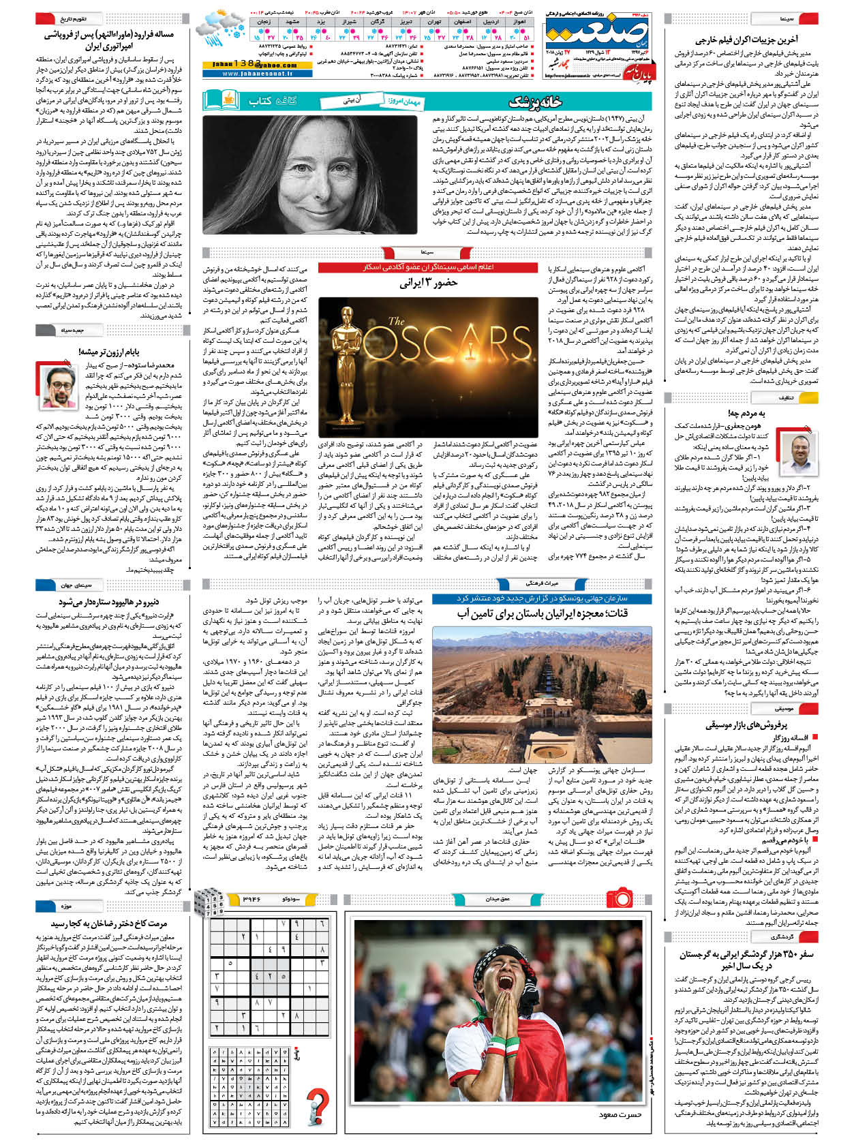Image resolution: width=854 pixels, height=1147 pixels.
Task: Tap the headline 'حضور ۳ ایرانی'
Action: (428, 283)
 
